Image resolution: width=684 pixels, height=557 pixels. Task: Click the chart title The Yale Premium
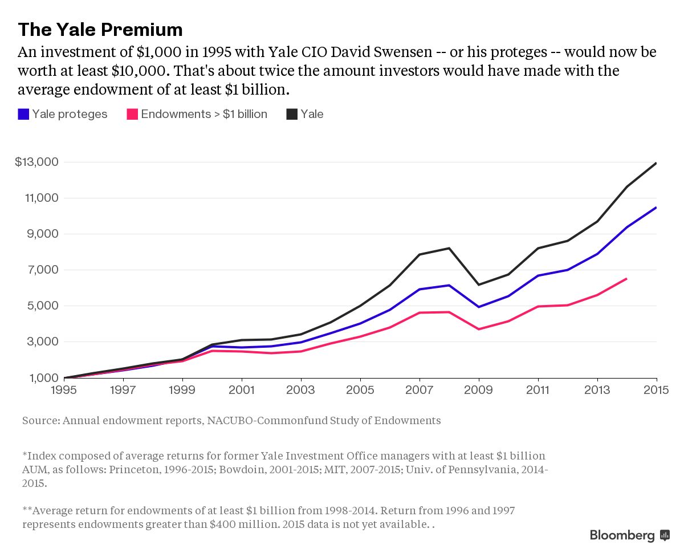pos(100,30)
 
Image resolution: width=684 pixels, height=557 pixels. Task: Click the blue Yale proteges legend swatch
pos(23,114)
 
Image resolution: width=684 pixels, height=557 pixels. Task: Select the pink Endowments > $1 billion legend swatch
pos(132,114)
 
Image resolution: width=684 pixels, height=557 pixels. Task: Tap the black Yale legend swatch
pos(292,114)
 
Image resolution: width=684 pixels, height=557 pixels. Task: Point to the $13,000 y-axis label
pos(36,162)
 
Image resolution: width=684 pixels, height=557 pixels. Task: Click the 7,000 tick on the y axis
pos(43,270)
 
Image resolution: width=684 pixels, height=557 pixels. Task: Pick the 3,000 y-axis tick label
pos(43,342)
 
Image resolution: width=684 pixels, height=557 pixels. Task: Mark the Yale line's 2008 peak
pos(449,248)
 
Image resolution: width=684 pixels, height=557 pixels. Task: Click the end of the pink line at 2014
pos(627,278)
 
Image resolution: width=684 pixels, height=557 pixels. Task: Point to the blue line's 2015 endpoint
pos(657,208)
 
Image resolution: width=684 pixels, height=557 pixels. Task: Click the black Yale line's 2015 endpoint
pos(657,163)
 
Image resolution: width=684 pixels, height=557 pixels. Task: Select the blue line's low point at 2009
pos(479,307)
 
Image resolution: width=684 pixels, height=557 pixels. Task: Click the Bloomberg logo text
pos(622,535)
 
